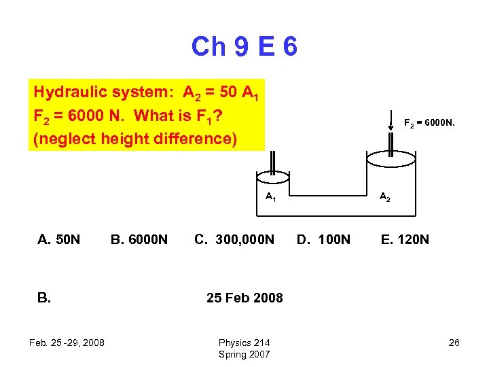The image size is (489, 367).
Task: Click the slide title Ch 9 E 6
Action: pyautogui.click(x=244, y=47)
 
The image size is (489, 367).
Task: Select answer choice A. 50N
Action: pyautogui.click(x=58, y=239)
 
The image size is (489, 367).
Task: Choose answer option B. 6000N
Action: pyautogui.click(x=139, y=239)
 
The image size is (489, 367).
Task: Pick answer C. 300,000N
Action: pyautogui.click(x=234, y=239)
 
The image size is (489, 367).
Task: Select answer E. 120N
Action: pyautogui.click(x=404, y=239)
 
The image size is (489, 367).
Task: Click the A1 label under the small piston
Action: pyautogui.click(x=270, y=197)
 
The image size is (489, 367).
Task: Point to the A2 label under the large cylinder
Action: pyautogui.click(x=384, y=197)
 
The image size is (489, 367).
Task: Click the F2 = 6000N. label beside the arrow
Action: pyautogui.click(x=429, y=124)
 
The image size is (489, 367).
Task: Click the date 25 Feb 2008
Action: pyautogui.click(x=244, y=298)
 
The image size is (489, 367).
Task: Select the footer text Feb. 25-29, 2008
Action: pyautogui.click(x=67, y=343)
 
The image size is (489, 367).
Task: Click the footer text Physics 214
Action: pyautogui.click(x=244, y=343)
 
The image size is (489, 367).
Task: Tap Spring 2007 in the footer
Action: pyautogui.click(x=244, y=354)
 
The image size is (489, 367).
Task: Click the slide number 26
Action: pyautogui.click(x=454, y=343)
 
